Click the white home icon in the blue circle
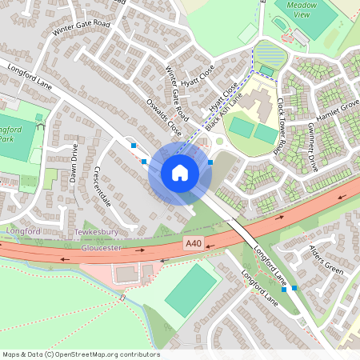click(180, 173)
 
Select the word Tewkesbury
click(96, 232)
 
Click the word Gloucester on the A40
click(102, 248)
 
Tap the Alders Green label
click(326, 260)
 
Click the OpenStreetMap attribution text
click(81, 354)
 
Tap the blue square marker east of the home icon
click(210, 162)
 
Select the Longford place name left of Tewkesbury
click(22, 231)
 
